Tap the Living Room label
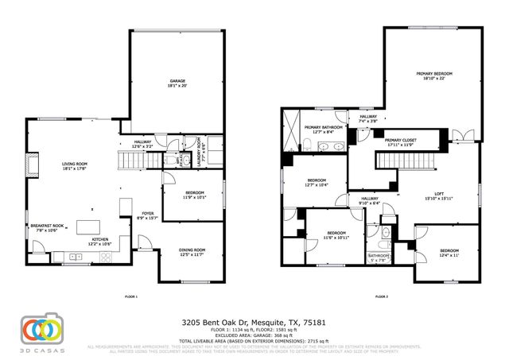coord(75,165)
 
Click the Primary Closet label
coord(400,143)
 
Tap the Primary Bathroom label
coord(323,130)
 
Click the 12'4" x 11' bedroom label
coord(450,252)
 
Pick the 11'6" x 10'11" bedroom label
coord(336,235)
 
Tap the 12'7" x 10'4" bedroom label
coord(317,184)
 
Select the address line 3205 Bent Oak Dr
coord(254,323)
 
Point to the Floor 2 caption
coord(380,296)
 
